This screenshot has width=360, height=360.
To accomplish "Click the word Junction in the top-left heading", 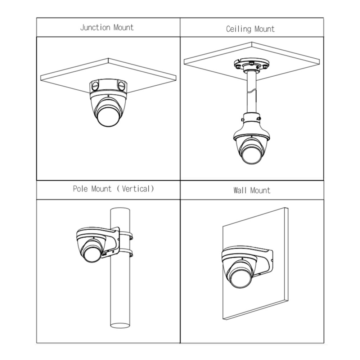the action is (x=95, y=28).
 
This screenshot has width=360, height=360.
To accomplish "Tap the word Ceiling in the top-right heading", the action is (x=239, y=29).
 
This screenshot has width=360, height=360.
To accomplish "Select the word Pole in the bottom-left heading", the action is (x=80, y=189).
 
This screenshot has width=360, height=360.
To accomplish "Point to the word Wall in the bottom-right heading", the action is (x=240, y=190).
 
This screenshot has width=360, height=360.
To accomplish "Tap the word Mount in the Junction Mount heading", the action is (x=123, y=28).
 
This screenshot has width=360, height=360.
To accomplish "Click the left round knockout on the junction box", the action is (x=95, y=86).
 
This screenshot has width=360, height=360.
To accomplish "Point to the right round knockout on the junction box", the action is (x=121, y=86).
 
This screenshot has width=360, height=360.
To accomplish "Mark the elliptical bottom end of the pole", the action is (x=120, y=325).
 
